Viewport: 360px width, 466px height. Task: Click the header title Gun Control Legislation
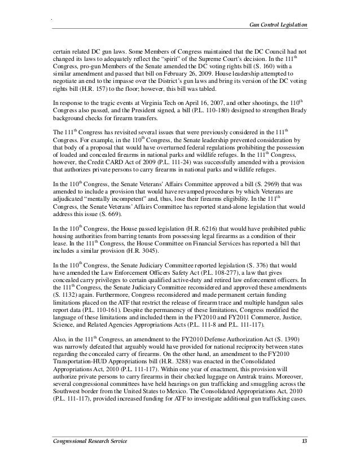coord(278,25)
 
